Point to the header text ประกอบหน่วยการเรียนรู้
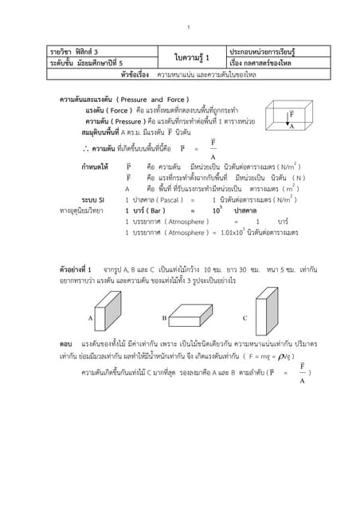click(x=265, y=51)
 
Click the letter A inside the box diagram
click(x=292, y=127)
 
